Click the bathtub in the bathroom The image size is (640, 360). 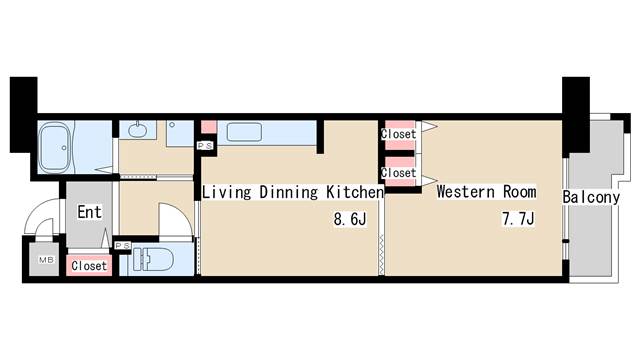(55, 147)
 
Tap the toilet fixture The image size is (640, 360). (152, 259)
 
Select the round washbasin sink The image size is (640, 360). (138, 130)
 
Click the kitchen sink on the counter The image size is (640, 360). (244, 132)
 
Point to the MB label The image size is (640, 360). (47, 260)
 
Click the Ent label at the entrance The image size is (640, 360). (89, 212)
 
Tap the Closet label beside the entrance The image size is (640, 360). (89, 266)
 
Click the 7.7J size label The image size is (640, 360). (518, 219)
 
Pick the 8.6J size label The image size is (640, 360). (350, 219)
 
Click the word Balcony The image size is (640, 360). (591, 198)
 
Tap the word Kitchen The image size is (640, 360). (355, 192)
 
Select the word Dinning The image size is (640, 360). (289, 192)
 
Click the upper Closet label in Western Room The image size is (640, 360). (398, 134)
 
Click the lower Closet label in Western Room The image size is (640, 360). (398, 173)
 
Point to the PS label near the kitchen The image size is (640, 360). (205, 146)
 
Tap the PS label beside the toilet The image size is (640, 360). (122, 246)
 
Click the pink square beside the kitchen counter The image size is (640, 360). (209, 127)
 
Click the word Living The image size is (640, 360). (227, 192)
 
